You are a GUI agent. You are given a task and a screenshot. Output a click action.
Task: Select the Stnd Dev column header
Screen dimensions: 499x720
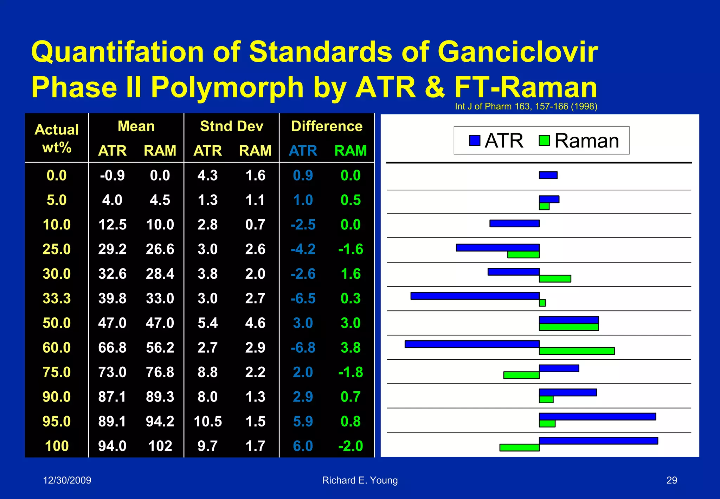(231, 126)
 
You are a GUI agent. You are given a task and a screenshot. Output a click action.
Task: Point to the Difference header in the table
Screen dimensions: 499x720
(327, 126)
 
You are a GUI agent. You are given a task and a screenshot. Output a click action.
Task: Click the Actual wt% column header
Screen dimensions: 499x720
(57, 138)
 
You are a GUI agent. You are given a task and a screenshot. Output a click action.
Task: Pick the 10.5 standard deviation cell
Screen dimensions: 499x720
(208, 421)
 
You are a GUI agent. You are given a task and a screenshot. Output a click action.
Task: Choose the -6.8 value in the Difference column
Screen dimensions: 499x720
(303, 348)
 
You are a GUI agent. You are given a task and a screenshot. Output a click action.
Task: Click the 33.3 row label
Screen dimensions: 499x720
(57, 298)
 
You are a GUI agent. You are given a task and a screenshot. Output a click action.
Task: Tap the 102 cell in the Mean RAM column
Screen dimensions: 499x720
(160, 446)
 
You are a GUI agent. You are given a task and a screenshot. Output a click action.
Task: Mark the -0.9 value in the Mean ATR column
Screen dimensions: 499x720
(112, 175)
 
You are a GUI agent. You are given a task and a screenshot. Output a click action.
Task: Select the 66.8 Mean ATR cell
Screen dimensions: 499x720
(112, 348)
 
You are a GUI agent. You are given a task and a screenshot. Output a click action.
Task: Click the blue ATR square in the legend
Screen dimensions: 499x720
(475, 140)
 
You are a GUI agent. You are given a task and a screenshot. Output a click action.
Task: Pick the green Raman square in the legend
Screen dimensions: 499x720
(544, 140)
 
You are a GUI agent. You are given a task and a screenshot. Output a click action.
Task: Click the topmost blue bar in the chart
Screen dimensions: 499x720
(548, 175)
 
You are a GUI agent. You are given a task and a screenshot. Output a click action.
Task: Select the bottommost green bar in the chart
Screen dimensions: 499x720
(520, 448)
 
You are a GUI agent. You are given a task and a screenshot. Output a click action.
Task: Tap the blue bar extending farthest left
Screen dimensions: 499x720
(472, 344)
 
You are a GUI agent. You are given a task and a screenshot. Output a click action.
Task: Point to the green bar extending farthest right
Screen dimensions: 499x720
(577, 351)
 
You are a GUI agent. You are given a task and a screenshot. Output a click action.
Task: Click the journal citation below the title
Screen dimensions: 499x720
(526, 106)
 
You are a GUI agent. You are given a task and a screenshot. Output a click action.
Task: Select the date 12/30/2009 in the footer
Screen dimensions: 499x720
(67, 480)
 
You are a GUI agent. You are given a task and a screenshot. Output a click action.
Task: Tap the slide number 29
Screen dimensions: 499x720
(671, 480)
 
